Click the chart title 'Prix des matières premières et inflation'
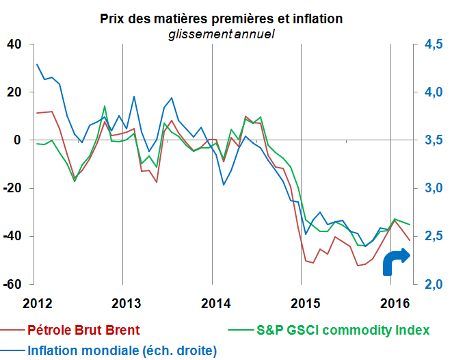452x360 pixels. coord(222,18)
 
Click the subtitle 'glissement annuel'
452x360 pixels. coord(222,34)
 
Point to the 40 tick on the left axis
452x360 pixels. coord(14,44)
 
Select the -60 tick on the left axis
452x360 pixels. coord(12,284)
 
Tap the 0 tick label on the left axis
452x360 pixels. coord(18,140)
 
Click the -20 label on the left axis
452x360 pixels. coord(12,188)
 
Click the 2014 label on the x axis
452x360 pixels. coord(212,303)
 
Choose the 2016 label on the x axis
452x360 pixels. coord(390,303)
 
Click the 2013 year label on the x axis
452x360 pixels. coord(122,303)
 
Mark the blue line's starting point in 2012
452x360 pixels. coord(36,64)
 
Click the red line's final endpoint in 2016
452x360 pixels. coord(410,240)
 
